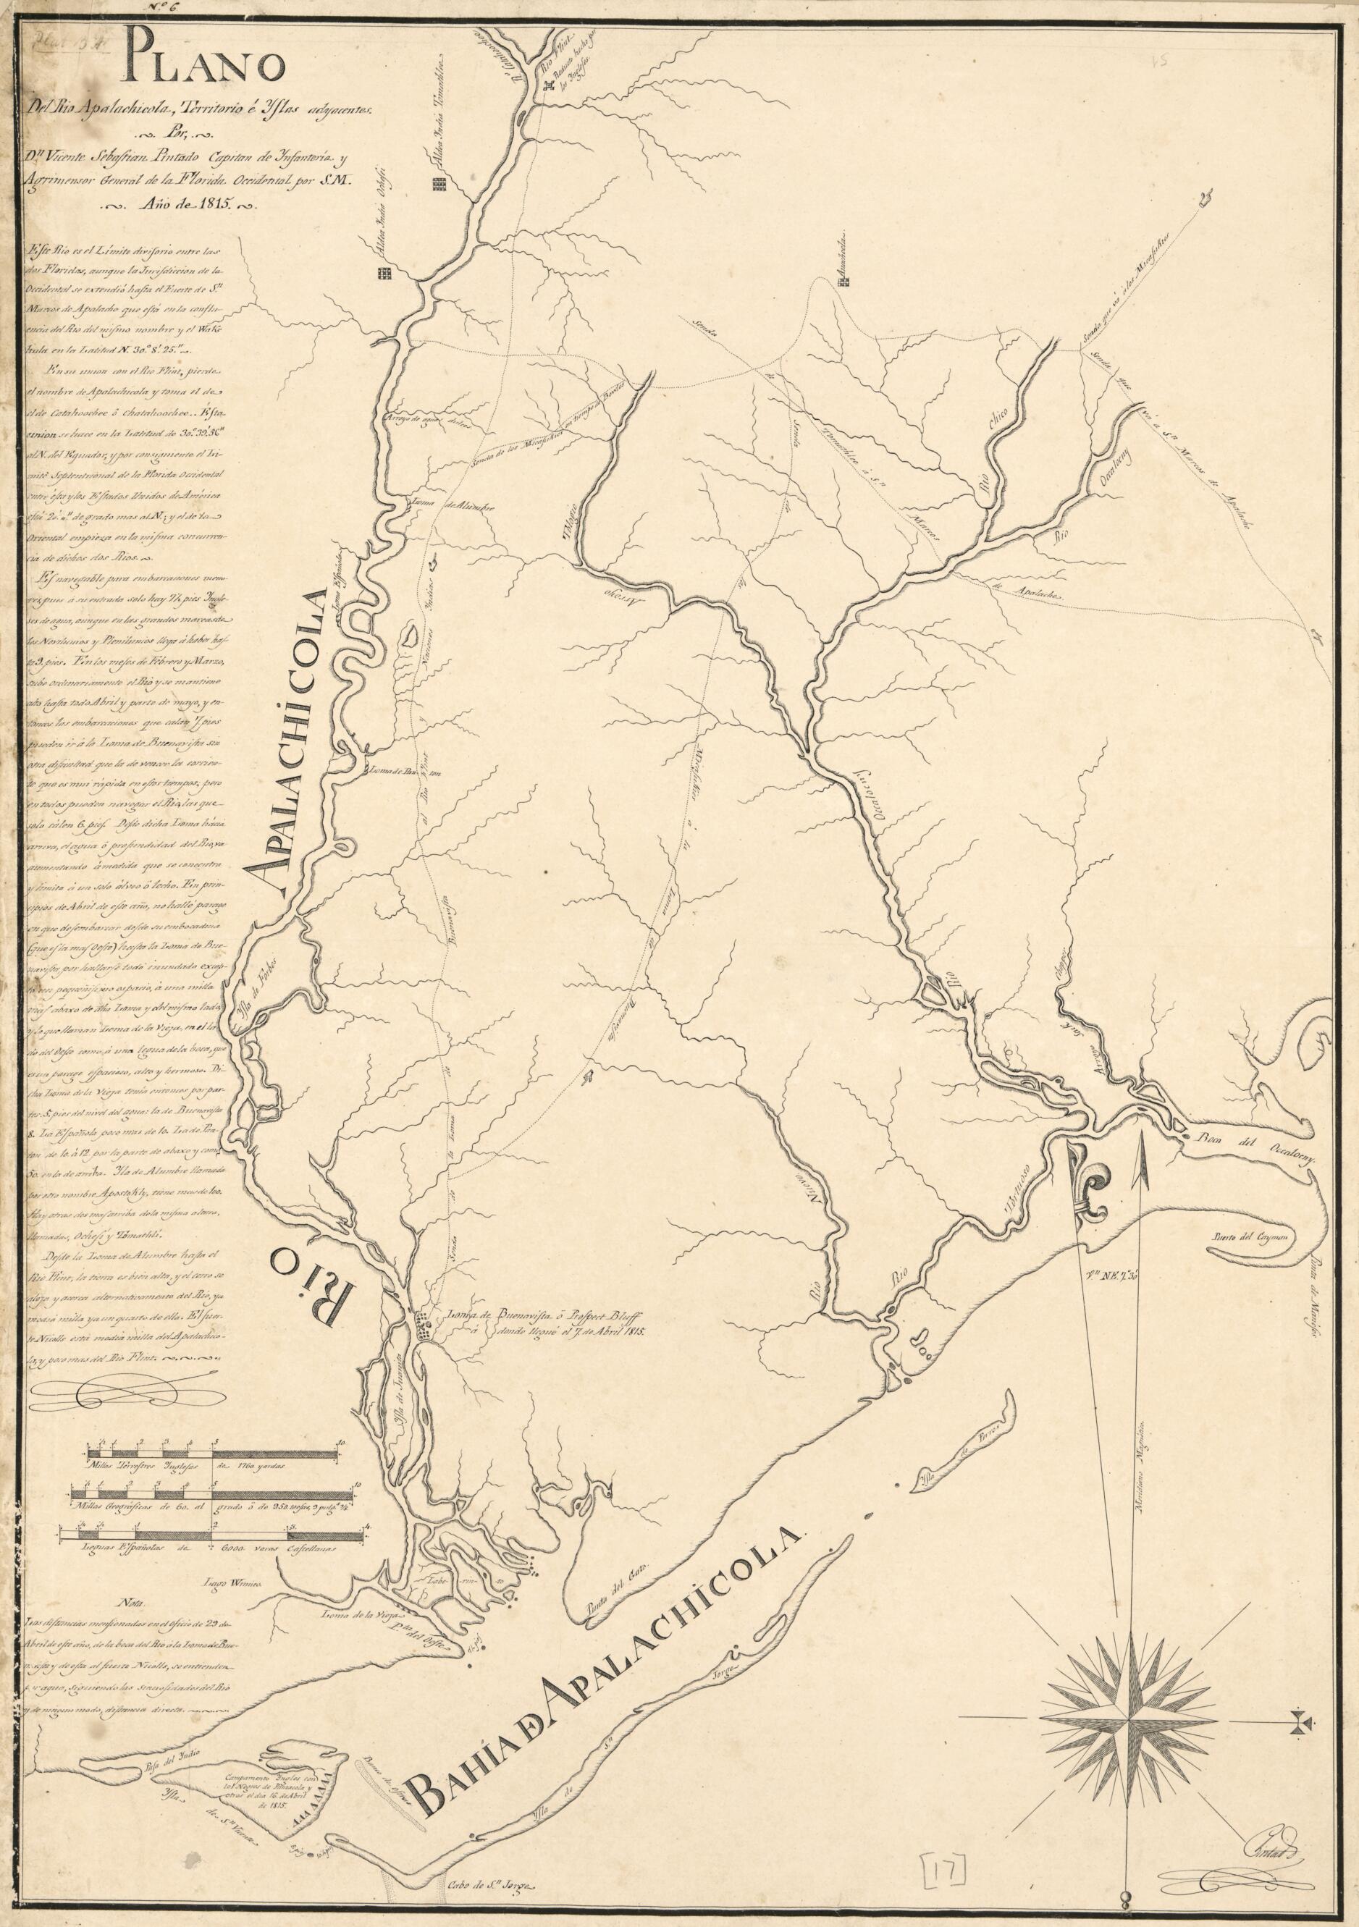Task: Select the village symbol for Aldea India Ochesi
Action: pyautogui.click(x=385, y=272)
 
